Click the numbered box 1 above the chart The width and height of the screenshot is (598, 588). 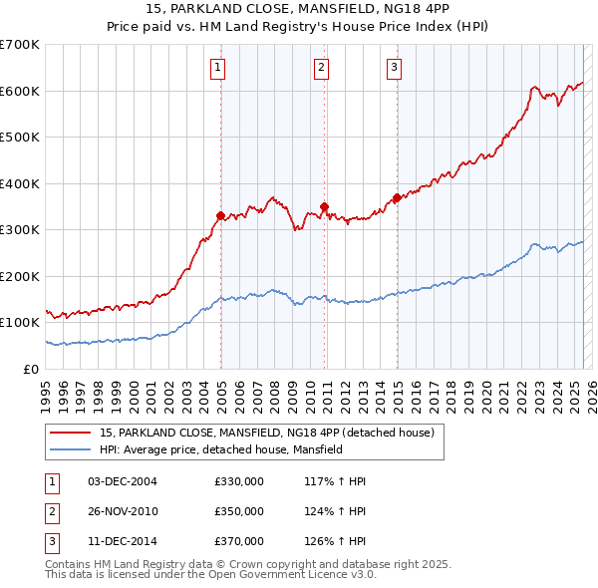(x=217, y=68)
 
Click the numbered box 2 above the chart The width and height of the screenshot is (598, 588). (x=322, y=68)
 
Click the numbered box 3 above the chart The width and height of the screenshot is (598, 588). (x=395, y=68)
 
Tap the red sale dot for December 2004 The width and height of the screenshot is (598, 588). (x=220, y=215)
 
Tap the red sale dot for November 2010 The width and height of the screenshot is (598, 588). (x=325, y=206)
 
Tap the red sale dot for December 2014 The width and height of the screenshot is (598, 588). (x=397, y=197)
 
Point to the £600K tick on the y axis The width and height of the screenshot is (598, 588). (x=20, y=91)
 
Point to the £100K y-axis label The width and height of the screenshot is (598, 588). (x=20, y=322)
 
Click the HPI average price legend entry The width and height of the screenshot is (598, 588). (x=220, y=449)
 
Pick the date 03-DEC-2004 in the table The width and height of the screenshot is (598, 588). (x=122, y=481)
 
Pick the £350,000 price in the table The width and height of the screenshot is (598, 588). (x=239, y=511)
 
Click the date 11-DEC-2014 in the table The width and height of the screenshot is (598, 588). (x=122, y=541)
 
